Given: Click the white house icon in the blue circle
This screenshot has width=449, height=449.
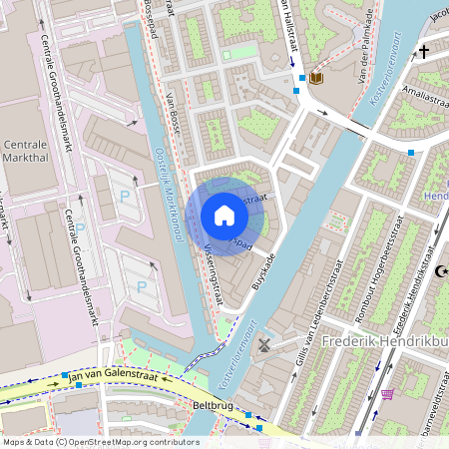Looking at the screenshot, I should [x=224, y=216].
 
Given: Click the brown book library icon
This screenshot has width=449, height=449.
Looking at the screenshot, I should [x=316, y=78].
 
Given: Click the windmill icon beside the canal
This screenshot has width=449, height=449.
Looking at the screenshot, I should [x=264, y=344].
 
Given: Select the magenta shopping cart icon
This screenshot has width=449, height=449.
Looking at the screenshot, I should [x=387, y=393].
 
